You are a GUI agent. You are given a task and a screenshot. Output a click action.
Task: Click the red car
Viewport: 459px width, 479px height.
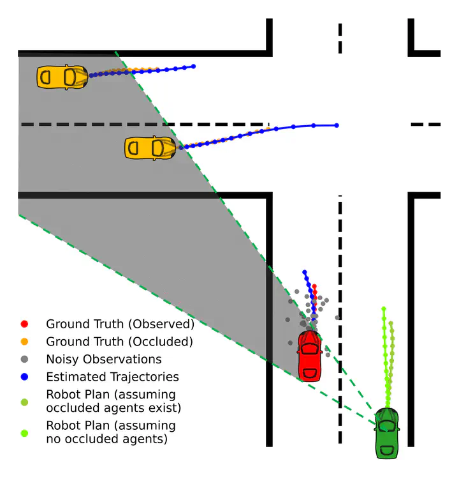pos(310,356)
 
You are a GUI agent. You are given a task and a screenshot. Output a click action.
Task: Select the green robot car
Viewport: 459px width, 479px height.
pos(387,433)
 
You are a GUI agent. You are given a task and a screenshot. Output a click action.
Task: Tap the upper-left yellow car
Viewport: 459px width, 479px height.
pos(62,77)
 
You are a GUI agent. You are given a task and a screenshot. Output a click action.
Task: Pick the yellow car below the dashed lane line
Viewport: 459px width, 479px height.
pos(150,148)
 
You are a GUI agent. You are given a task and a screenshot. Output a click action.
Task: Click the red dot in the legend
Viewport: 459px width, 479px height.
pos(24,324)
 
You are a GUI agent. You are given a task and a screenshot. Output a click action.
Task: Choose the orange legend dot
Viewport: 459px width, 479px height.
pos(24,342)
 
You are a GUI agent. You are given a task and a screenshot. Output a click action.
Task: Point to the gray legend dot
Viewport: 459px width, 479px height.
pos(24,359)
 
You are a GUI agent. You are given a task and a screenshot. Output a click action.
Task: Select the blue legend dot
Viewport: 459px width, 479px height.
pos(24,377)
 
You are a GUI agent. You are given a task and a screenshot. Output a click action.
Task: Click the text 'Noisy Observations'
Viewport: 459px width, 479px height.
pos(104,360)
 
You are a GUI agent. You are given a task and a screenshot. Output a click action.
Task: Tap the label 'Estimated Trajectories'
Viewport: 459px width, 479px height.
pos(113,377)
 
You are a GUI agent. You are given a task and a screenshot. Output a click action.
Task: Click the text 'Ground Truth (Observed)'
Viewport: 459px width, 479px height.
pos(120,324)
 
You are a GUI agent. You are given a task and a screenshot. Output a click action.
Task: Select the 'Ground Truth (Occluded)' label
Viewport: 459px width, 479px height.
pos(120,342)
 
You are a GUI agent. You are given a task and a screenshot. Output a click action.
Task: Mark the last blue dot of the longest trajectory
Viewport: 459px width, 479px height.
pos(337,126)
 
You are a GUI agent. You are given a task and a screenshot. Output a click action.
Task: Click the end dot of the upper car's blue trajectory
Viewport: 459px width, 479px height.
pos(193,66)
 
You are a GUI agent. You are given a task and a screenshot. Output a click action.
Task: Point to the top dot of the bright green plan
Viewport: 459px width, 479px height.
pos(384,308)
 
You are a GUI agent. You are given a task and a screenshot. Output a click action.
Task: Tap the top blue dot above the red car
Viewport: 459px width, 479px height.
pos(304,272)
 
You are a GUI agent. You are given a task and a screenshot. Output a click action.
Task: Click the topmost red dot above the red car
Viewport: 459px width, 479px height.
pos(314,286)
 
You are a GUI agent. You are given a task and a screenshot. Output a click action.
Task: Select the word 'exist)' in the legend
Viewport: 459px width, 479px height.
pos(164,408)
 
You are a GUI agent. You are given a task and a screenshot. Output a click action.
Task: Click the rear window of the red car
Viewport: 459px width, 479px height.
pos(310,374)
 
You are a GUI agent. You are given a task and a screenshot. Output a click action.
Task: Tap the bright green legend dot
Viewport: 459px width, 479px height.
pos(24,433)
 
